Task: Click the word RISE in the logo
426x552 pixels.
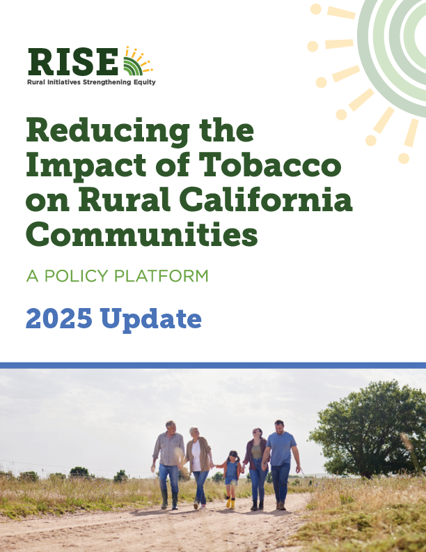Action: pos(72,62)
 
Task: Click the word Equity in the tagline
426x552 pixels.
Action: pos(143,82)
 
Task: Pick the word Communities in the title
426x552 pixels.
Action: pos(142,235)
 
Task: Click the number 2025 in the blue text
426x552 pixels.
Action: pos(59,319)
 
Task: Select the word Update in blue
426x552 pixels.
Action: pos(151,319)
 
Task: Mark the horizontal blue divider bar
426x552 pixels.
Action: pos(213,365)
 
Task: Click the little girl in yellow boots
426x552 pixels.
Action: pos(231,477)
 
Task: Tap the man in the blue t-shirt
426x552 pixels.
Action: pos(281,463)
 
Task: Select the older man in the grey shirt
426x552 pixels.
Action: pos(168,462)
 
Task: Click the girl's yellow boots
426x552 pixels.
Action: pos(230,503)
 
